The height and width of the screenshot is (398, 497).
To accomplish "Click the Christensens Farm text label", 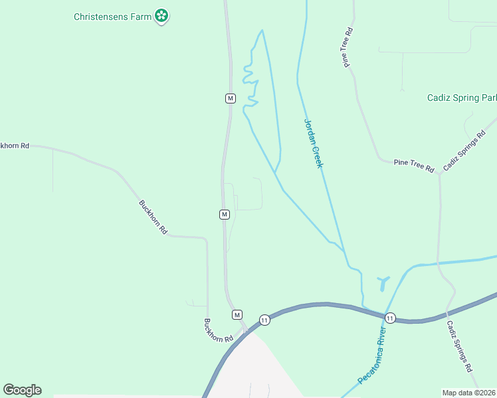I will [112, 16].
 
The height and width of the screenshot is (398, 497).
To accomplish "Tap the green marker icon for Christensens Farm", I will [161, 15].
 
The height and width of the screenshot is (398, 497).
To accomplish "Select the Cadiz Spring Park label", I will [462, 98].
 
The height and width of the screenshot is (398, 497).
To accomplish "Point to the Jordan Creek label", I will [313, 143].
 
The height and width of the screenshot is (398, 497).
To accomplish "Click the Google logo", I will [22, 390].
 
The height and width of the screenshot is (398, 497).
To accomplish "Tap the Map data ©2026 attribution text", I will [468, 393].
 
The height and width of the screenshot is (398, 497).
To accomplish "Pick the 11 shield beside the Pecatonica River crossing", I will [390, 318].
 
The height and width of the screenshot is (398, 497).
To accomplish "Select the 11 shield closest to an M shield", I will [264, 320].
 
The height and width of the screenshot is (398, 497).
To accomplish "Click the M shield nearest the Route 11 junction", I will [237, 314].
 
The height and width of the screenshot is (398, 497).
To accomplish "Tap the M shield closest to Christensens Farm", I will [230, 98].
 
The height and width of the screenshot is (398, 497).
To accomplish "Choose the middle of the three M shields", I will [225, 214].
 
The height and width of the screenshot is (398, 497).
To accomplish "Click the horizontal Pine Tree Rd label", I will [413, 163].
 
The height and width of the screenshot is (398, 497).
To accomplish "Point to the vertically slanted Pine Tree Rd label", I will [348, 48].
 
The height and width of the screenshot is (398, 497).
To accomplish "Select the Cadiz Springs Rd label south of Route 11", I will [459, 346].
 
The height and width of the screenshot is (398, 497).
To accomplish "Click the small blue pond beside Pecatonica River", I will [382, 283].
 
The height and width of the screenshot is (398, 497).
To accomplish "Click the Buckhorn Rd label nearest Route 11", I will [219, 330].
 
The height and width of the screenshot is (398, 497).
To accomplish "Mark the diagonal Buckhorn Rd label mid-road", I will [153, 216].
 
